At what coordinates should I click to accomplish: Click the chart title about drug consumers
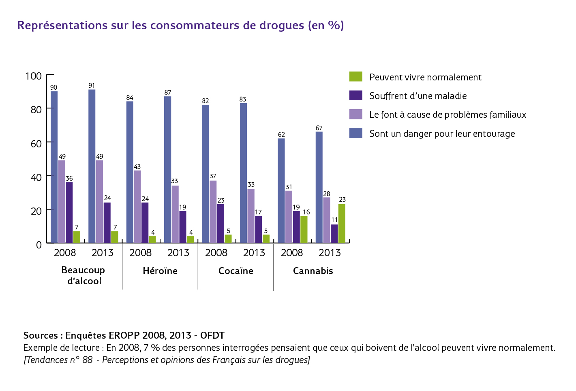coord(180,26)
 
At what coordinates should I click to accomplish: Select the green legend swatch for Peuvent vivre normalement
coord(355,76)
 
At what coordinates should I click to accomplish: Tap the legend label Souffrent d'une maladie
coord(418,96)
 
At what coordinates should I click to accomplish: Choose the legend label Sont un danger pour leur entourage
coord(442,134)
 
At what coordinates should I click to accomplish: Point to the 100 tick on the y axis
coord(33,76)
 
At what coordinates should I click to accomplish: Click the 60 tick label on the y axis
coord(36,144)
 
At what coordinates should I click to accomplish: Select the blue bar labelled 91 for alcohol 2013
coord(92,166)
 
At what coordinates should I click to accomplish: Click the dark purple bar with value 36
coord(69,213)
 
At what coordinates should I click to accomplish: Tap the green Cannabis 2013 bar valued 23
coord(342,224)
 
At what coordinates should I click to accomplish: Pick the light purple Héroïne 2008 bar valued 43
coord(137,207)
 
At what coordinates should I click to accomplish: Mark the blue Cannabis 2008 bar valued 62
coord(281,191)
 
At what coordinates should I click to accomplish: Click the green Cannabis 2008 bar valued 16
coord(304,229)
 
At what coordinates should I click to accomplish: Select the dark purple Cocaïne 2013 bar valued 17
coord(259,229)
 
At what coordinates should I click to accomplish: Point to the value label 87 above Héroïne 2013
coord(168,93)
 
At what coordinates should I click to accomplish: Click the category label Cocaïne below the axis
coord(236,271)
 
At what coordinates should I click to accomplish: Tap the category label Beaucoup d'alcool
coord(84,275)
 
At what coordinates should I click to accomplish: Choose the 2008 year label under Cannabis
coord(292,253)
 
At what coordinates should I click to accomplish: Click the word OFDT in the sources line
coord(212,335)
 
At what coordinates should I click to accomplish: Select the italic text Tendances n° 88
coord(58,360)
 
